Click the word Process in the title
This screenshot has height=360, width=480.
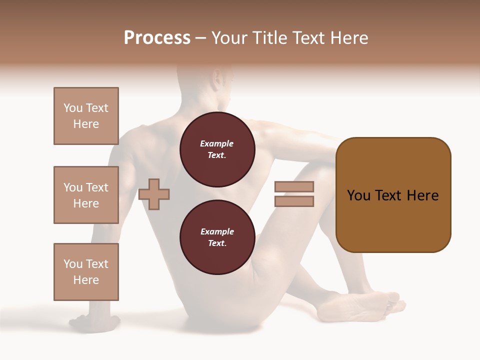click(157, 38)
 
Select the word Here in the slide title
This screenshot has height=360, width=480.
click(348, 38)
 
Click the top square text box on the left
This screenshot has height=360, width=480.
click(86, 116)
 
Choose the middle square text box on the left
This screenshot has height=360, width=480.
click(86, 195)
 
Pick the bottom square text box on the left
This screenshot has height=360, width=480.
click(86, 272)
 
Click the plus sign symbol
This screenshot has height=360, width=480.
click(154, 194)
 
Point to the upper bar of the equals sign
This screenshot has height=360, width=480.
click(294, 186)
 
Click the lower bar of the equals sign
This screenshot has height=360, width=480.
click(294, 201)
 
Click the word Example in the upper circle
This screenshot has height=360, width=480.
click(217, 143)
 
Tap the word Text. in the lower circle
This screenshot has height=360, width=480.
click(217, 243)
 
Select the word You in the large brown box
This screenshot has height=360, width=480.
click(358, 195)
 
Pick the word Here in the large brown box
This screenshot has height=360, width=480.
click(423, 195)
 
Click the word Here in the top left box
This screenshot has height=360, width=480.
click(86, 124)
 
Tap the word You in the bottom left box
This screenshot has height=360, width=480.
click(73, 264)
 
